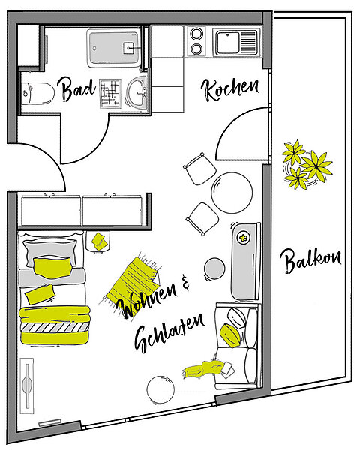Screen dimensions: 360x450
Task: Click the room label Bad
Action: coord(78,89)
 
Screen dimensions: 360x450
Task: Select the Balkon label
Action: coord(310,260)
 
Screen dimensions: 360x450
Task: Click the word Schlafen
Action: coord(169,332)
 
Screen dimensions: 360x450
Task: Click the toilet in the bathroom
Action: coord(38,93)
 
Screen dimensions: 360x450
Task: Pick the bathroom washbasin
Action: coord(137,92)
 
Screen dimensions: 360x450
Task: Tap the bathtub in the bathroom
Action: coord(114,48)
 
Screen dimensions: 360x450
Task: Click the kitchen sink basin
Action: coord(228,43)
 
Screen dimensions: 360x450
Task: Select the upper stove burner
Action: coord(196,34)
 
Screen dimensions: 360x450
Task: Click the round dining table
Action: coord(232,193)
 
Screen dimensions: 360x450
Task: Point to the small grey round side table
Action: coord(214,268)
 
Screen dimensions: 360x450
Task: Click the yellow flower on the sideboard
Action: coord(244,238)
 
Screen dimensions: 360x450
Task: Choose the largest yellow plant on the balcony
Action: coord(316,166)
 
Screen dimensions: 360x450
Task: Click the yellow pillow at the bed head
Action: coord(52,267)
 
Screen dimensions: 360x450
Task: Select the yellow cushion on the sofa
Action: coord(229,335)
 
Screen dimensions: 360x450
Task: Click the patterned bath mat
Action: coord(110,94)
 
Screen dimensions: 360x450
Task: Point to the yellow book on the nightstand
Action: coord(99,241)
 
